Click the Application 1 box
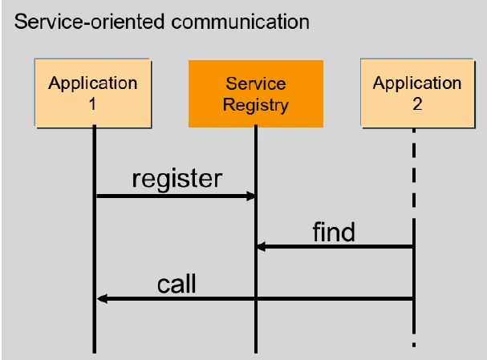(x=93, y=94)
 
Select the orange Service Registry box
(x=256, y=94)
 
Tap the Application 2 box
(x=418, y=94)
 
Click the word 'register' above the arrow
(x=177, y=179)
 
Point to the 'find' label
(x=334, y=232)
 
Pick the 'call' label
(x=177, y=283)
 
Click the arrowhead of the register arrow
(x=250, y=196)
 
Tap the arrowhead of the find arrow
(x=262, y=247)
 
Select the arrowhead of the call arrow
(x=102, y=298)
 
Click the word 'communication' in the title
(x=241, y=22)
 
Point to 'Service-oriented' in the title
(x=89, y=22)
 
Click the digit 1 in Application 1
(x=92, y=104)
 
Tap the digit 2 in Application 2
(x=417, y=104)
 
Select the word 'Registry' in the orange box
(x=256, y=105)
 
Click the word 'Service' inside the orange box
(x=256, y=84)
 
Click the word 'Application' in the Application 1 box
(x=92, y=83)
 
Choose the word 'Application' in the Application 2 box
(x=417, y=83)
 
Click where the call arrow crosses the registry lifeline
(x=256, y=298)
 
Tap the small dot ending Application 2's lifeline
(x=414, y=345)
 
